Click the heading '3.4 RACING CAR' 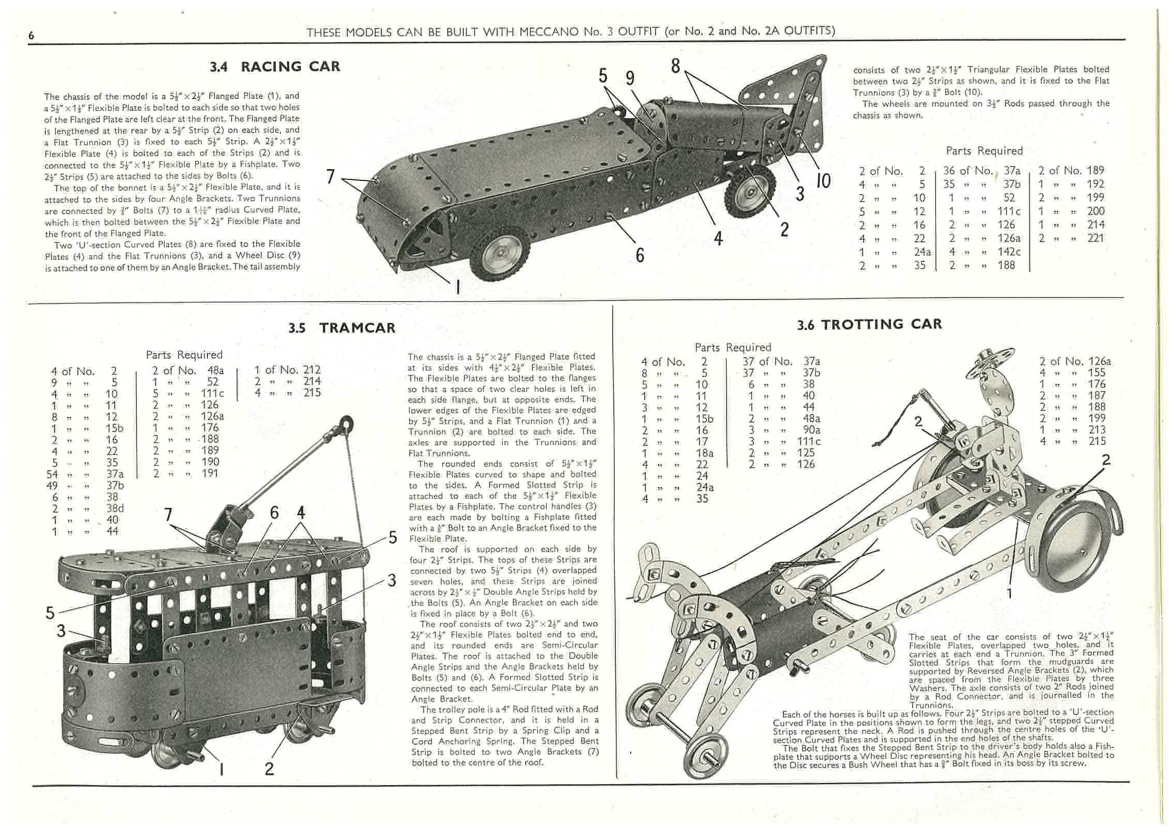[275, 67]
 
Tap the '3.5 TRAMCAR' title [342, 328]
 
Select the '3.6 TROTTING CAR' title [869, 324]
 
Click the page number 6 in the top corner [31, 35]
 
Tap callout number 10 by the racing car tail [824, 181]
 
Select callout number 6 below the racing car [640, 255]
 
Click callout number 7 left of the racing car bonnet [330, 177]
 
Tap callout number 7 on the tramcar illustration [167, 514]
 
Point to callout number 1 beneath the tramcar [222, 770]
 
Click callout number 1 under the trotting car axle [1010, 593]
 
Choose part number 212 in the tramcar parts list [311, 370]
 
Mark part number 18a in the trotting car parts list [704, 453]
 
